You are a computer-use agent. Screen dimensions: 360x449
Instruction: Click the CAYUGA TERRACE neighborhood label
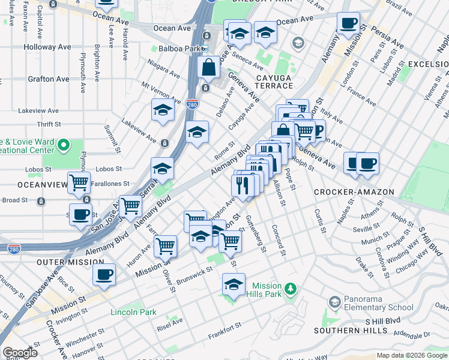[275, 82]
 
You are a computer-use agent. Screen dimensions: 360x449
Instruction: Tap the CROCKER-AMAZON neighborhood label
[354, 192]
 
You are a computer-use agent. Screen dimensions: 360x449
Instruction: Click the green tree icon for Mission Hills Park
[291, 290]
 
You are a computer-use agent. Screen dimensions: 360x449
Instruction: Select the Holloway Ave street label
[47, 47]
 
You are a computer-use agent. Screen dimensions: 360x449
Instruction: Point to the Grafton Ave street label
[48, 79]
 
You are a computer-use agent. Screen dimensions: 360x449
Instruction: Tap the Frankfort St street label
[224, 326]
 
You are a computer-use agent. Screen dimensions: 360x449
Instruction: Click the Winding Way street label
[399, 250]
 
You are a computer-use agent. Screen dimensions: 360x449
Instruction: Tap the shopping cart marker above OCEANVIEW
[79, 182]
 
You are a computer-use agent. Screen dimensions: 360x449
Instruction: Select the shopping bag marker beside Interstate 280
[208, 67]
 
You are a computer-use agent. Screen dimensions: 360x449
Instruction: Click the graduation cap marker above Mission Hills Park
[234, 284]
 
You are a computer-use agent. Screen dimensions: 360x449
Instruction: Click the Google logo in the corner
[20, 353]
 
